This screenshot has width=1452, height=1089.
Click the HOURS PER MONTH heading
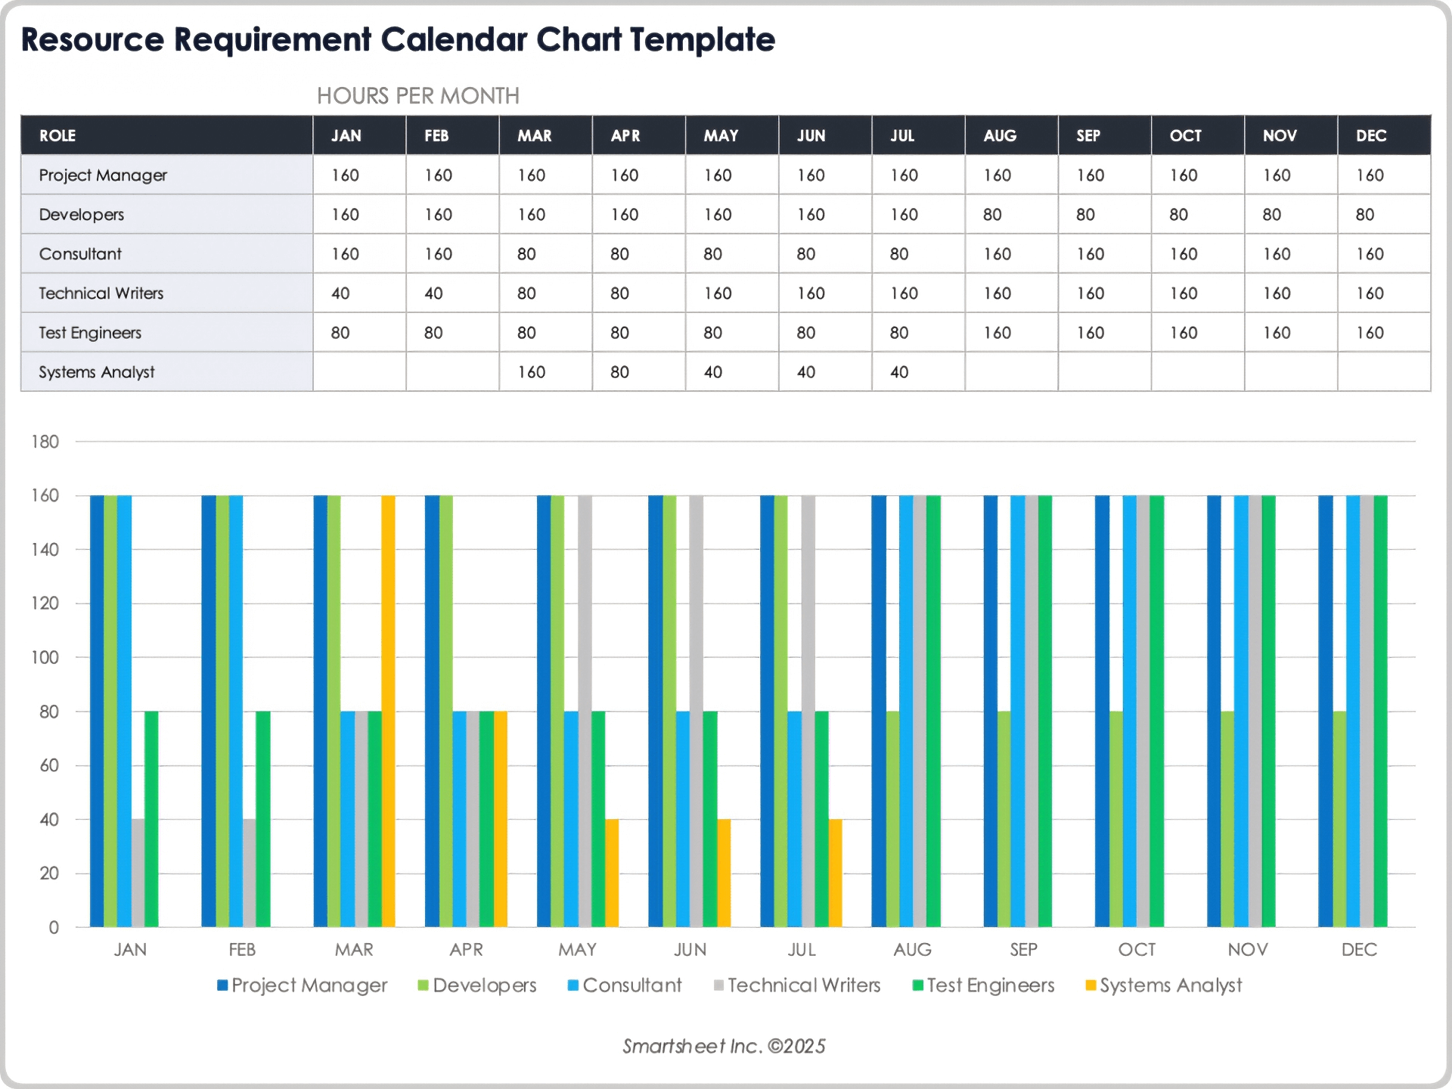tap(417, 96)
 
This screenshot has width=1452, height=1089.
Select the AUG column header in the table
tap(1000, 135)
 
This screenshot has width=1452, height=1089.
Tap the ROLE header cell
tap(57, 135)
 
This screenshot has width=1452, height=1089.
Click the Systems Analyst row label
tap(96, 372)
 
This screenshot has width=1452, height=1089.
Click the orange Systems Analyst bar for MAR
tap(388, 711)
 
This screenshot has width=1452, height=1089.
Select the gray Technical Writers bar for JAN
tap(138, 873)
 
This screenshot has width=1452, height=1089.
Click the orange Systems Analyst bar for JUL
tap(835, 873)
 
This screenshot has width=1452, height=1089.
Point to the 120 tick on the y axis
tap(45, 603)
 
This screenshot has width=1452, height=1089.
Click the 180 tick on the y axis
tap(45, 442)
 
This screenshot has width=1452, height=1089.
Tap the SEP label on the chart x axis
tap(1023, 950)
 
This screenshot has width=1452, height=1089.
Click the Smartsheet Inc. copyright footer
tap(724, 1046)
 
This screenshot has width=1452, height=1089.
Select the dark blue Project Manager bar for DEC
tap(1326, 711)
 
